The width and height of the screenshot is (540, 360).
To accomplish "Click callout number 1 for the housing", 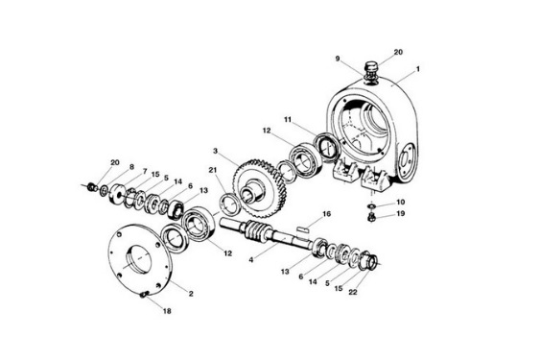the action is point(418,69).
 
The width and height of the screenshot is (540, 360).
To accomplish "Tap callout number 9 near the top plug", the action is point(338,59).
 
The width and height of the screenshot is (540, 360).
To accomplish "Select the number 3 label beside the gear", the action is point(215,151).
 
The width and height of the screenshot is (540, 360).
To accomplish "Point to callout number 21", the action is point(213,170).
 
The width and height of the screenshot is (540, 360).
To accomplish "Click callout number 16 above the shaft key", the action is point(326,214).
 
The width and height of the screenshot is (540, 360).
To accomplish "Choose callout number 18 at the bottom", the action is point(167,311).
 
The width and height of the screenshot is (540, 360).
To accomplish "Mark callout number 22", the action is point(353,293).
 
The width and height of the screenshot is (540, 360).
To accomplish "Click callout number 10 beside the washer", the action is point(401,202).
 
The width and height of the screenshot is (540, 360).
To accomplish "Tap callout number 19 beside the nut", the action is point(401,213).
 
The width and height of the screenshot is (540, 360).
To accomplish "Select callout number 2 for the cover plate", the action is point(191,294).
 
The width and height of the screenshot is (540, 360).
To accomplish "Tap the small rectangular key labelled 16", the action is point(303,228).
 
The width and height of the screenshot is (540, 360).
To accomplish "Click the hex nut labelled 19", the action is point(371,217).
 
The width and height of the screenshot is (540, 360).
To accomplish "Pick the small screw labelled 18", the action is point(144,295).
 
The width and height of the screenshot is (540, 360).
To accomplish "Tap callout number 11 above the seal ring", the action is point(288,119).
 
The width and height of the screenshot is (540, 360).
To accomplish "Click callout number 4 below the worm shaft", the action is point(251,259).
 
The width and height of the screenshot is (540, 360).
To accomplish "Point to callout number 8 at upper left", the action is point(131,167).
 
